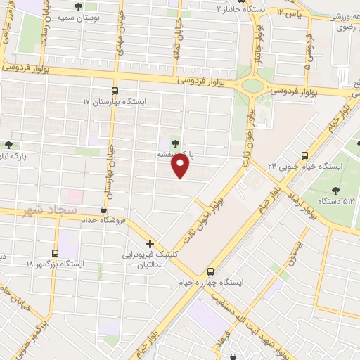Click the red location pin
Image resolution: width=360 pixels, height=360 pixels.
coord(181,166)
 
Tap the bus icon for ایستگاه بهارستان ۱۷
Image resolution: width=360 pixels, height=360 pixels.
coord(115,91)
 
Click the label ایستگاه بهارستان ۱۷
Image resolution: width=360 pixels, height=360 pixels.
coord(115,102)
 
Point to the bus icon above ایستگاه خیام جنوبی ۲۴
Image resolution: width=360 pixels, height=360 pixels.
coord(304,155)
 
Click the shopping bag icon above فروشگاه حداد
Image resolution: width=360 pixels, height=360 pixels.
coord(104,210)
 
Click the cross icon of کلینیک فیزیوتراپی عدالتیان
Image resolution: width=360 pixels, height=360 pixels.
coord(150,243)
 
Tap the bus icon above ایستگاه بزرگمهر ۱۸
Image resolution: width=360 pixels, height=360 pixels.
coord(55,253)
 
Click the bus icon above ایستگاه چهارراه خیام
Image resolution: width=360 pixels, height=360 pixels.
coord(210,271)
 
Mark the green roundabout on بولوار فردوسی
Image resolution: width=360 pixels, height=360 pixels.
coord(251,86)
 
